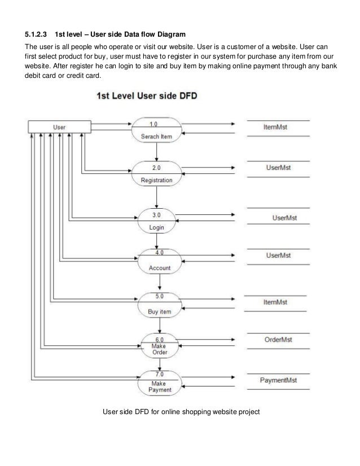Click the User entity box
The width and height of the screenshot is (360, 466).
pos(59,127)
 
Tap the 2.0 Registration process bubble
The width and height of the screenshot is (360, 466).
pos(157,174)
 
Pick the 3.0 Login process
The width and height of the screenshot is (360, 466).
pos(156,221)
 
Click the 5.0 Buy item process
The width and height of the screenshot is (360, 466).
pos(159,304)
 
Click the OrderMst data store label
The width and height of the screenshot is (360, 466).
pos(278,340)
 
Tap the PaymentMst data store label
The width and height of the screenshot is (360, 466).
pos(278,380)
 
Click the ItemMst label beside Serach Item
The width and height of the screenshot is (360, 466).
pos(275,128)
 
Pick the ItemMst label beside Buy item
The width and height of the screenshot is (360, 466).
pos(275,302)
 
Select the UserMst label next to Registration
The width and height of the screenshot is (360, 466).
pos(278,168)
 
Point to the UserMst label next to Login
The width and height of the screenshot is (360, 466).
pos(284,217)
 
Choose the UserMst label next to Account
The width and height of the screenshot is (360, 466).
pos(278,255)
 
